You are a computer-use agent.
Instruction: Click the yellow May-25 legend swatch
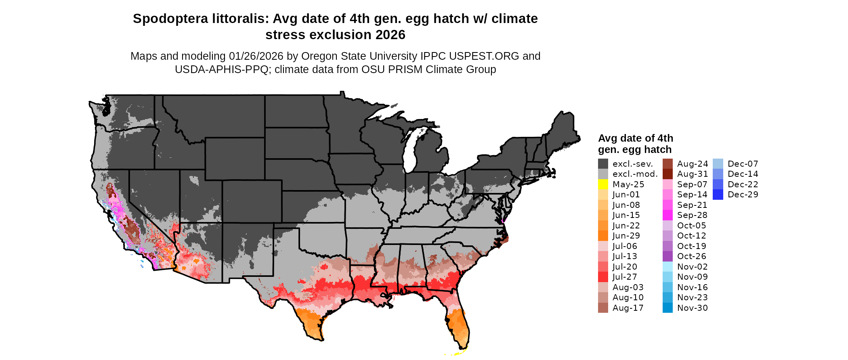tap(603, 184)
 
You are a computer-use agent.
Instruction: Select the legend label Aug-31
tap(692, 174)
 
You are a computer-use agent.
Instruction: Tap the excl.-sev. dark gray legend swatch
tap(603, 164)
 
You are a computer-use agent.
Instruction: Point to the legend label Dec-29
tap(743, 195)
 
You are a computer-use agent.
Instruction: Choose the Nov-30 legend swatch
tap(667, 308)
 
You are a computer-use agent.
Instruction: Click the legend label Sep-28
tap(692, 215)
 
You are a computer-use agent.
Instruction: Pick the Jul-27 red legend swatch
tap(603, 277)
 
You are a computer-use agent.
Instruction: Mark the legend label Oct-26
tap(692, 256)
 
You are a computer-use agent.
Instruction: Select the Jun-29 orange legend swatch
tap(603, 236)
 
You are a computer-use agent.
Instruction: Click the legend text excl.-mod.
tap(635, 174)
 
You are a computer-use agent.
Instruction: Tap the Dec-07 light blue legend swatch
tap(718, 164)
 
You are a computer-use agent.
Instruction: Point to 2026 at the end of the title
tap(390, 35)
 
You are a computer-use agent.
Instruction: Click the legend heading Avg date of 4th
tap(635, 138)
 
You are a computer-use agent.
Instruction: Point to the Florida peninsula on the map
tap(458, 323)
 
